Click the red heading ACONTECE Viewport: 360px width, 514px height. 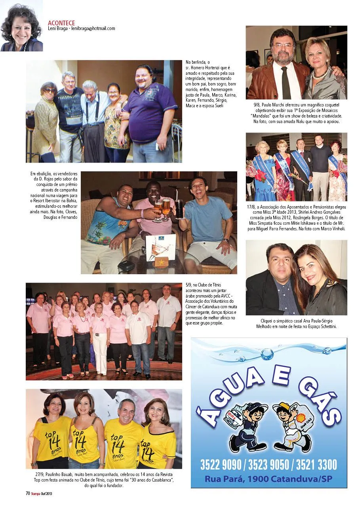click(x=61, y=23)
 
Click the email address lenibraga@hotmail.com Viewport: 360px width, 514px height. click(x=93, y=28)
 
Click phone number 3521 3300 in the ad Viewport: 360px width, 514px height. click(x=316, y=465)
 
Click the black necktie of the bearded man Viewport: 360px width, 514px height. click(x=286, y=83)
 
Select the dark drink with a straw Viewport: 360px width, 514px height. click(x=179, y=209)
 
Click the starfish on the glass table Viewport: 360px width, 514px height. click(x=162, y=263)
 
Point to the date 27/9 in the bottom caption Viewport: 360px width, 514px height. click(x=40, y=474)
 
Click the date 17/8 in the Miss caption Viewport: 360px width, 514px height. click(x=251, y=207)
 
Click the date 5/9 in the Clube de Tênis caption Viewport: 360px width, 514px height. click(x=189, y=285)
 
